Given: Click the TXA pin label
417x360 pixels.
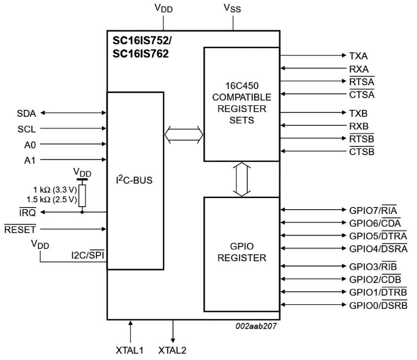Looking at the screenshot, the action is (x=358, y=56).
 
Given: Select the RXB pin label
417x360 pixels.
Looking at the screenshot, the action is (x=359, y=126).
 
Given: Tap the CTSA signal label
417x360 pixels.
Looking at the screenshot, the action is (x=362, y=95).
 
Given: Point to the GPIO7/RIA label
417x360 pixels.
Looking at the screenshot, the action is (x=373, y=211).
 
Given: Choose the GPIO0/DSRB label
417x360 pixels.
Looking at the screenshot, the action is (x=378, y=305).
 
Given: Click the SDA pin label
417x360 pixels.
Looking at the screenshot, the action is (x=26, y=113).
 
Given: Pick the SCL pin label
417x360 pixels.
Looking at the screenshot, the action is (x=27, y=129).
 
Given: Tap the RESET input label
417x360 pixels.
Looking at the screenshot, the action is (x=20, y=229).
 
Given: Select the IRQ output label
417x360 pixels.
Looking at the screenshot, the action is (x=28, y=213).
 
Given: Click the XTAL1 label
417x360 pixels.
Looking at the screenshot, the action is (x=129, y=350).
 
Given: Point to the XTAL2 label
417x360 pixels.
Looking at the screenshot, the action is (x=172, y=350).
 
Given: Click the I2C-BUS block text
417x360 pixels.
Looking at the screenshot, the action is (x=134, y=180).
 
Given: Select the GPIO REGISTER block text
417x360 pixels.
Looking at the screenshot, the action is (x=242, y=252).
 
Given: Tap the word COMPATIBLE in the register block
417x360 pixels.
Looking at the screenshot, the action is (x=242, y=97).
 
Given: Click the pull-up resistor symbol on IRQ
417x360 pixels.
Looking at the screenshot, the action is (x=82, y=195).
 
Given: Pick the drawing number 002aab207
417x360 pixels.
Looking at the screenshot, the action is (x=256, y=326).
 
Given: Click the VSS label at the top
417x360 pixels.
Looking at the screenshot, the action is (x=233, y=8).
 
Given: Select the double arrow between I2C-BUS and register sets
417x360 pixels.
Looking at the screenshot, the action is (x=184, y=135).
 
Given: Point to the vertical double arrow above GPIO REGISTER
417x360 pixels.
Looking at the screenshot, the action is (x=242, y=179).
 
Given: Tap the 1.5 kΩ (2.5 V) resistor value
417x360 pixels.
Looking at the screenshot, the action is (x=52, y=199).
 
